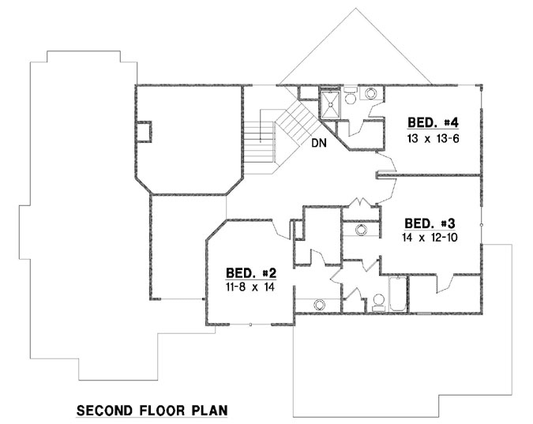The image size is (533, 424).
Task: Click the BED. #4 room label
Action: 433,122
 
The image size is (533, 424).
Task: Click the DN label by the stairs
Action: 318,144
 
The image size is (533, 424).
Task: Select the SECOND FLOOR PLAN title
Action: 152,411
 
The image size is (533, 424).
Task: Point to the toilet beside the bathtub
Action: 377,301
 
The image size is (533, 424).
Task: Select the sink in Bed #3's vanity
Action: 360,231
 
